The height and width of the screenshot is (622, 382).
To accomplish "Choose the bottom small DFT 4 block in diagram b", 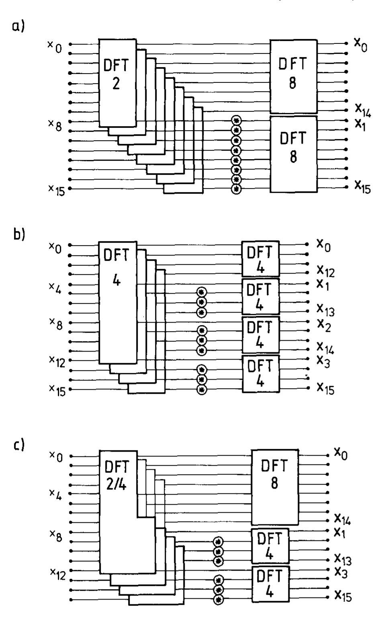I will (x=260, y=373).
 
